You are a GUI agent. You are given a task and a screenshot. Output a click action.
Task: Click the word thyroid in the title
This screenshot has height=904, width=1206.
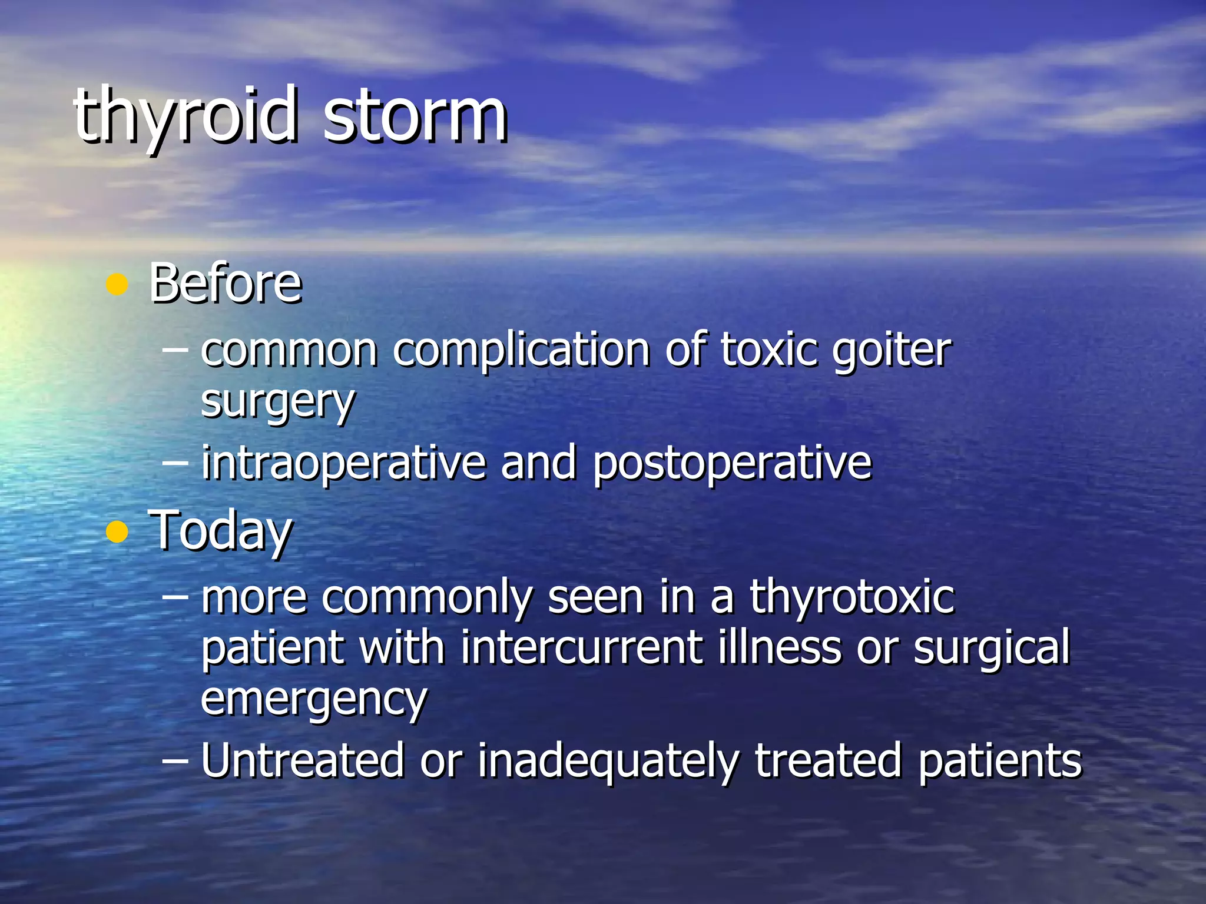(184, 115)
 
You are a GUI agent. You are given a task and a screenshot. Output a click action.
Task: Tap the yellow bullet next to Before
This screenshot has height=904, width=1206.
(117, 285)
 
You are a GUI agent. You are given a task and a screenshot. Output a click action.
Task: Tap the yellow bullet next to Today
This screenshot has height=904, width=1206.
(117, 532)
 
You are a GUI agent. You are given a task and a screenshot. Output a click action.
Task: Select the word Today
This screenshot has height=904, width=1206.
(220, 531)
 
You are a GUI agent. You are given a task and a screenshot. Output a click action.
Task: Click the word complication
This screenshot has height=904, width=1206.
(521, 351)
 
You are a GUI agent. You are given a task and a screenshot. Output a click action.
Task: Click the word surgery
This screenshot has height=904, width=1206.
(277, 403)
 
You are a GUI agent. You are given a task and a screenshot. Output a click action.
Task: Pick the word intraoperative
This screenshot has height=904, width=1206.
(343, 463)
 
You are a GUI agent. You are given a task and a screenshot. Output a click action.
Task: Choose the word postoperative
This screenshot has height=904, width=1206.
(731, 463)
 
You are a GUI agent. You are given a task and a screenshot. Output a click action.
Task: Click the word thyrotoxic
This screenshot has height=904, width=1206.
(852, 597)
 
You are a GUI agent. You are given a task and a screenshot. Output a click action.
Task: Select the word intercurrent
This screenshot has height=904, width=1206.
(582, 647)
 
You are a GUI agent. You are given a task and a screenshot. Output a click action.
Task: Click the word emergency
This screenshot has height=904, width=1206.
(314, 699)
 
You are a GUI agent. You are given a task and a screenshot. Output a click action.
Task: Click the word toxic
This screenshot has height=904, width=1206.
(769, 351)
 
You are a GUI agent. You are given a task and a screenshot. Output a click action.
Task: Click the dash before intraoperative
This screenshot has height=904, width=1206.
(175, 463)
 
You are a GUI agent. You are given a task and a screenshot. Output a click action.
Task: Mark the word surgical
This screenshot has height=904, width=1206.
(991, 647)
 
